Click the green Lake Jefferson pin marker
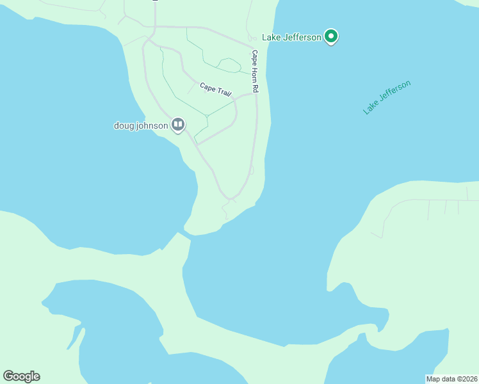coord(330,36)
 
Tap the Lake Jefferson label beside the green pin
coord(292,38)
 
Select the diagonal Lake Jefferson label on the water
coord(387,97)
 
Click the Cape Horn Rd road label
coord(254,72)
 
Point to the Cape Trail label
coord(215,89)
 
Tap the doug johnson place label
coord(141,125)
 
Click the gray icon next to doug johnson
coord(178,125)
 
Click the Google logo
coord(21,376)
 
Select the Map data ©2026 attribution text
coord(451,378)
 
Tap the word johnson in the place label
coord(152,125)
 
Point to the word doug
coord(123,125)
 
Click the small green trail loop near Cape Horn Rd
coord(229,63)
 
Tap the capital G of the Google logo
coord(8,376)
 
